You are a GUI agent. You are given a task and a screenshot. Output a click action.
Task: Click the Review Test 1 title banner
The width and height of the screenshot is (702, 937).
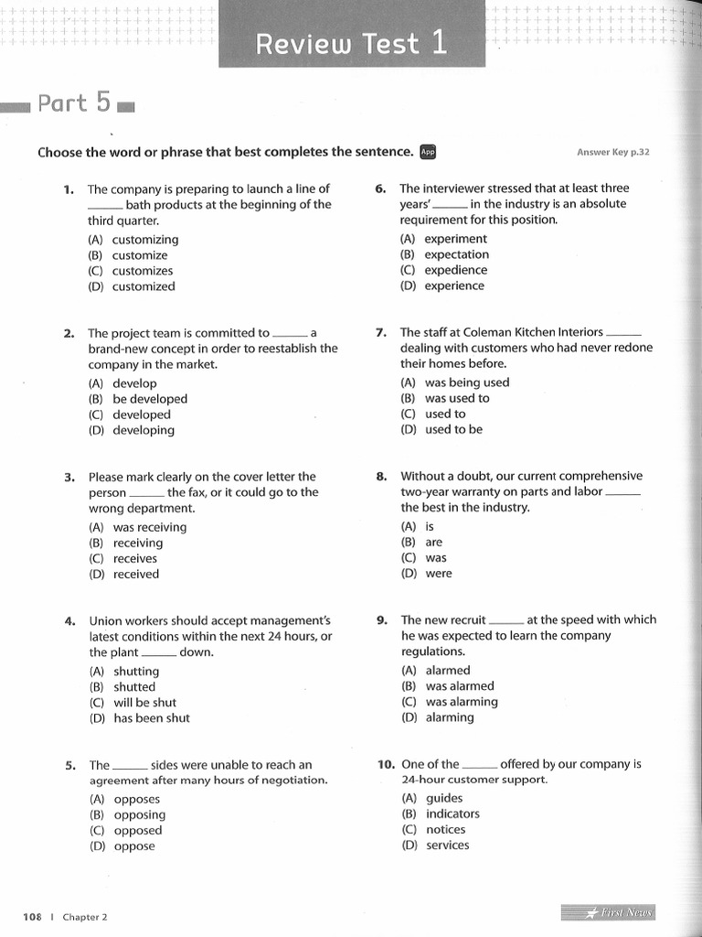coord(352,43)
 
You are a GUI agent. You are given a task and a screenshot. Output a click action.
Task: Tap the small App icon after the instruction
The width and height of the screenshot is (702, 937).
coord(428,152)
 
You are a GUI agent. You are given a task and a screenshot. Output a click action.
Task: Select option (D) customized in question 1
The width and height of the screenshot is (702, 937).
coord(132,286)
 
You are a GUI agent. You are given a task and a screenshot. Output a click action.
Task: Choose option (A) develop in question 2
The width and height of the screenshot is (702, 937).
coord(122,383)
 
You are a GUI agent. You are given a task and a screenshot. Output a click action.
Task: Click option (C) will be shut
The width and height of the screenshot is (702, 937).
coord(133,702)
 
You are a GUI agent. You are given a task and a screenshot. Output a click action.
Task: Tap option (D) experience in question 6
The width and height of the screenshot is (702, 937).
coord(442,285)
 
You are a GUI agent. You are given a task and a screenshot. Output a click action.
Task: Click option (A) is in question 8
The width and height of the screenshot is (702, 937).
coord(418,526)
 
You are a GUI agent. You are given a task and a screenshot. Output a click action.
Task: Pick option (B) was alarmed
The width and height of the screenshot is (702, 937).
coord(447,685)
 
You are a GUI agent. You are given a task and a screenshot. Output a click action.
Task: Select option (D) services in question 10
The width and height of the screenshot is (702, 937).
coord(435,845)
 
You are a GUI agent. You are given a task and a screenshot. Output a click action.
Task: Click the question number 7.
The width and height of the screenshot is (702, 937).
coord(381,332)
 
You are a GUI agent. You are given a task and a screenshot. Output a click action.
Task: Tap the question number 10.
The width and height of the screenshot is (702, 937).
coord(385,763)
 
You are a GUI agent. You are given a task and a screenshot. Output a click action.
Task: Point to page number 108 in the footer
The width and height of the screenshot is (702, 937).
coord(33,917)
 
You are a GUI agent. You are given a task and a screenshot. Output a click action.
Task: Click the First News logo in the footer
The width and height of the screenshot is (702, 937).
coord(607,912)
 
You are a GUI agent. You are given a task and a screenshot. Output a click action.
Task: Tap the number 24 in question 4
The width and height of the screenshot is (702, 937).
coord(271,636)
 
